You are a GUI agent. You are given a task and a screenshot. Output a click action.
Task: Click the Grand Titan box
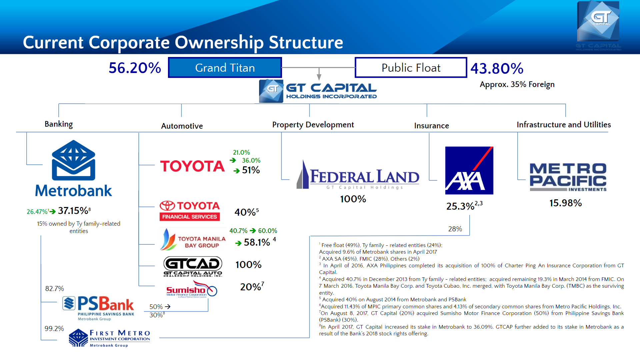[x=225, y=68]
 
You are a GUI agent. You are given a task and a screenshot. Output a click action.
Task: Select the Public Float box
[x=411, y=68]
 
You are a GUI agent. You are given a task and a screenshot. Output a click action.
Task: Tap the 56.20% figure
[x=135, y=68]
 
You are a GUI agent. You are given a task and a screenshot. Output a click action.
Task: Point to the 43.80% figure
[x=497, y=69]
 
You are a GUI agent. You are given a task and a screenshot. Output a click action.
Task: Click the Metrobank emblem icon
[x=73, y=160]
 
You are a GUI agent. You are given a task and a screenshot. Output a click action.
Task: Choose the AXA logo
[x=469, y=170]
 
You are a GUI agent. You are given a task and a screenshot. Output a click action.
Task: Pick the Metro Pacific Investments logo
[x=568, y=177]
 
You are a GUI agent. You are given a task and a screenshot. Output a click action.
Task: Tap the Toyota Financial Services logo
[x=190, y=211]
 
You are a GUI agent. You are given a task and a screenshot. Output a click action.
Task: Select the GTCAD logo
[x=193, y=266]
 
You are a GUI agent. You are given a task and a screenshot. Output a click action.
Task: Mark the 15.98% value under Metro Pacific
[x=565, y=203]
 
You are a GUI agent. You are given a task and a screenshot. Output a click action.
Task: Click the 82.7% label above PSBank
[x=54, y=289]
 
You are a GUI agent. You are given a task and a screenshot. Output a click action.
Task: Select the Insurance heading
[x=431, y=126]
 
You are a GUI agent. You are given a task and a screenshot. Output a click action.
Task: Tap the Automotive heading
[x=182, y=126]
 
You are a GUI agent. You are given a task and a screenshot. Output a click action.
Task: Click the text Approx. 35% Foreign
[x=517, y=84]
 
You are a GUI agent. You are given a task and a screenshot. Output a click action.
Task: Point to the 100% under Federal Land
[x=353, y=199]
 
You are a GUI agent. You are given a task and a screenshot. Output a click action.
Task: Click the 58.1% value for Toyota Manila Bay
[x=257, y=242]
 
